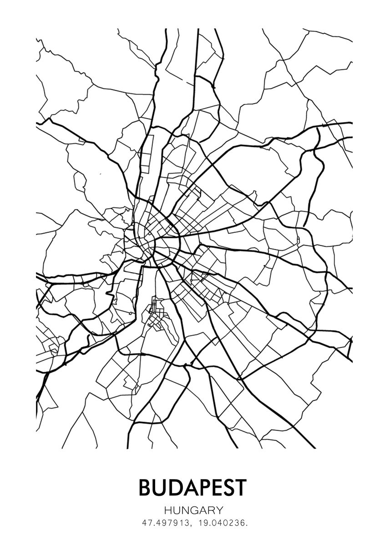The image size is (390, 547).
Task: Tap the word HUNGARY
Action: pos(194,510)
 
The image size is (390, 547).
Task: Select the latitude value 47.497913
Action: pos(162,523)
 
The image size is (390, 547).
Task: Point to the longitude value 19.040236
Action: pos(220,523)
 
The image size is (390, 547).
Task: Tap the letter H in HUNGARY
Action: pos(168,510)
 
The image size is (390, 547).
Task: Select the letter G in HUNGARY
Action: pos(195,510)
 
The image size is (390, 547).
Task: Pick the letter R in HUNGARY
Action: pos(212,510)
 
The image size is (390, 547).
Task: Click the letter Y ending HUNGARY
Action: pos(220,510)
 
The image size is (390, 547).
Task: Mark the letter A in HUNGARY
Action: pos(203,510)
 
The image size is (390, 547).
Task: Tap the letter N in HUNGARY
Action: pos(186,510)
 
